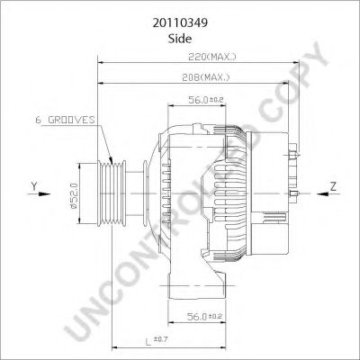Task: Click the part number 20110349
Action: pyautogui.click(x=179, y=17)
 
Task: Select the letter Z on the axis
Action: pyautogui.click(x=333, y=186)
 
